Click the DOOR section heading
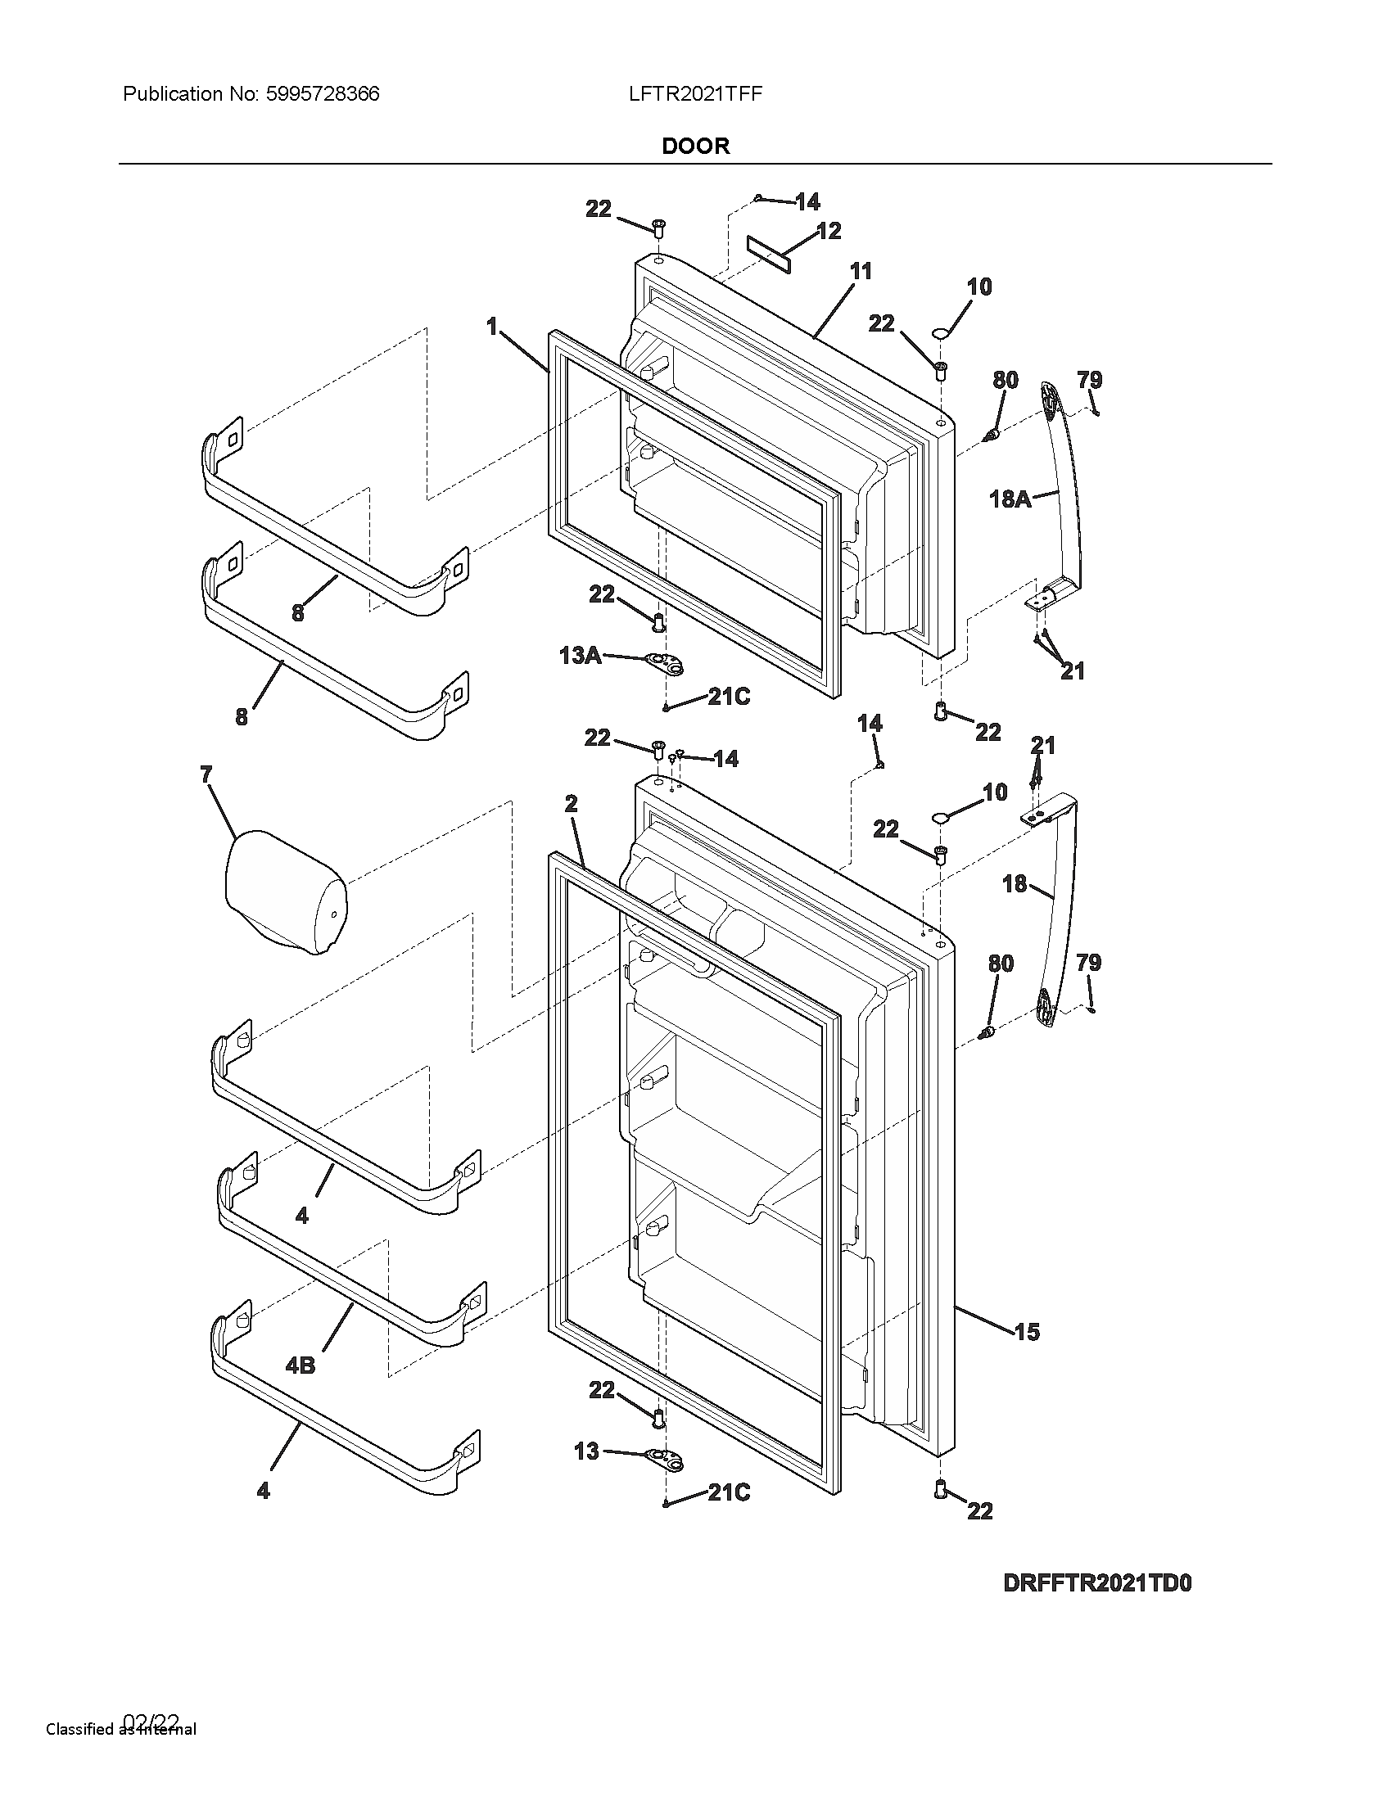pyautogui.click(x=695, y=147)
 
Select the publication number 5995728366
pyautogui.click(x=323, y=94)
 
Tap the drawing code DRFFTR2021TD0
pyautogui.click(x=1096, y=1583)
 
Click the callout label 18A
pyautogui.click(x=1010, y=499)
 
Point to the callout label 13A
pyautogui.click(x=580, y=656)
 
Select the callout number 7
pyautogui.click(x=206, y=774)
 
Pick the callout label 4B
pyautogui.click(x=301, y=1365)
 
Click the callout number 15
pyautogui.click(x=1027, y=1332)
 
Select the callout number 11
pyautogui.click(x=860, y=271)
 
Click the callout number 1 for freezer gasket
pyautogui.click(x=492, y=327)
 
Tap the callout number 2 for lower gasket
pyautogui.click(x=572, y=804)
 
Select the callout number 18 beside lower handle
pyautogui.click(x=1015, y=884)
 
